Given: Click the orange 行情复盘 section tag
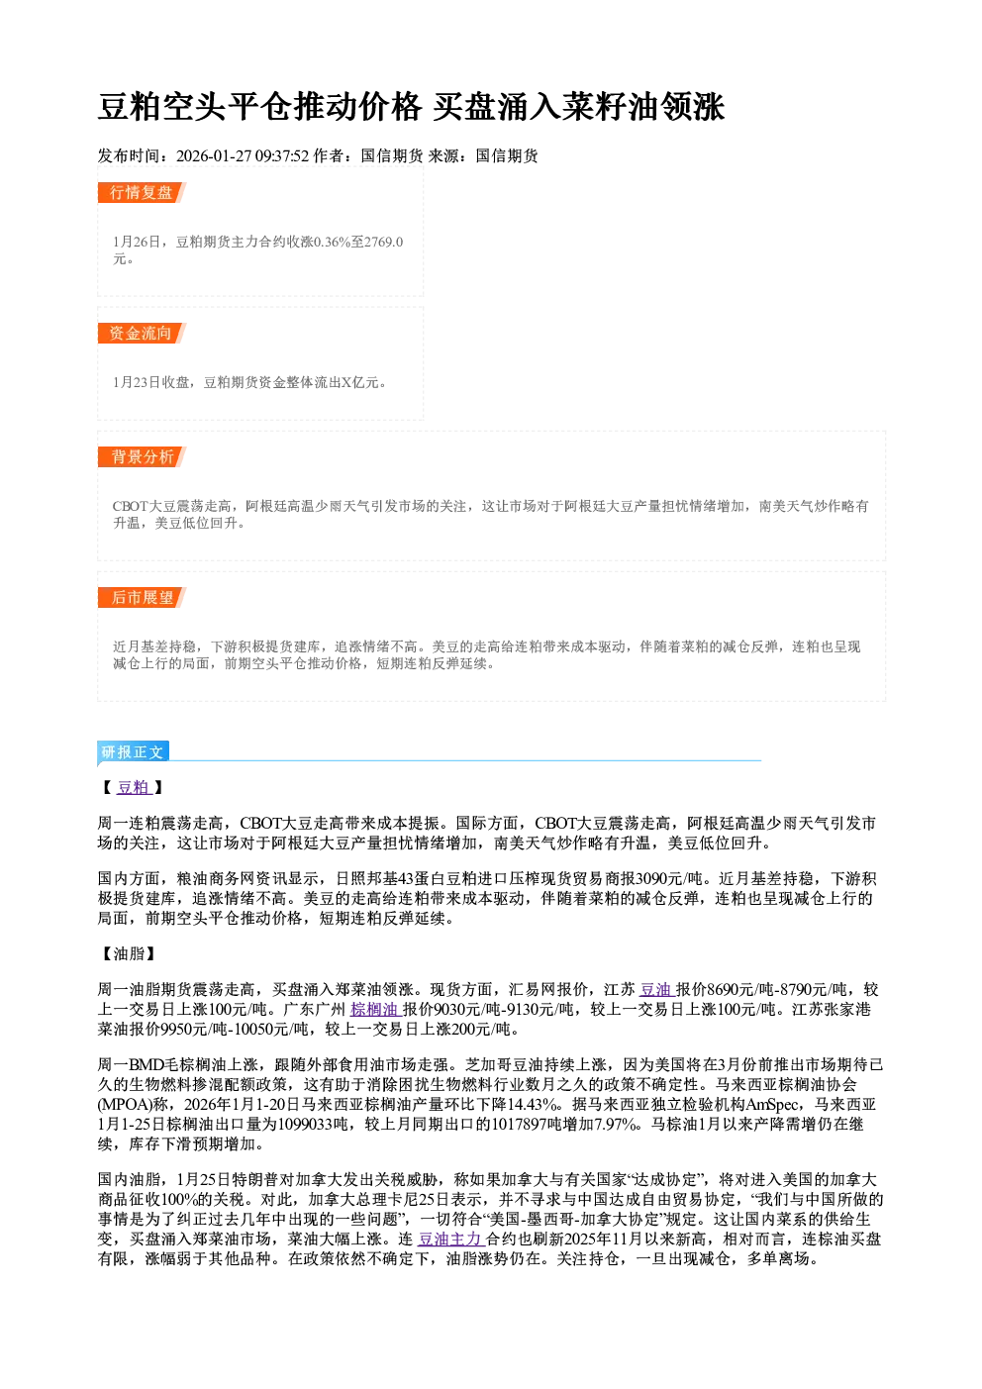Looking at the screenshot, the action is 142,192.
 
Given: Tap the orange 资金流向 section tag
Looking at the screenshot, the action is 142,333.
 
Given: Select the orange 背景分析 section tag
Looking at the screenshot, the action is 142,457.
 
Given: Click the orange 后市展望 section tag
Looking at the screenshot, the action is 142,598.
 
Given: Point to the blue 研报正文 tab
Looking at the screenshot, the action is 133,751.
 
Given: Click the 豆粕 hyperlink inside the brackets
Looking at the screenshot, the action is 134,787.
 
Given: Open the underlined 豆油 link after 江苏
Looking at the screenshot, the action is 656,989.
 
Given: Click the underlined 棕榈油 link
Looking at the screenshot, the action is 376,1009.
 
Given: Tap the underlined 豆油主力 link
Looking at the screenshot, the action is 450,1239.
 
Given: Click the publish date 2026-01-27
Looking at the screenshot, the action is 214,155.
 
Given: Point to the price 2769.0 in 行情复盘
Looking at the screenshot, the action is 383,242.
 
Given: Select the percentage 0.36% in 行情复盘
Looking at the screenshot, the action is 333,242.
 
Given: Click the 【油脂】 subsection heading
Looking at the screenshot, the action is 126,953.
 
